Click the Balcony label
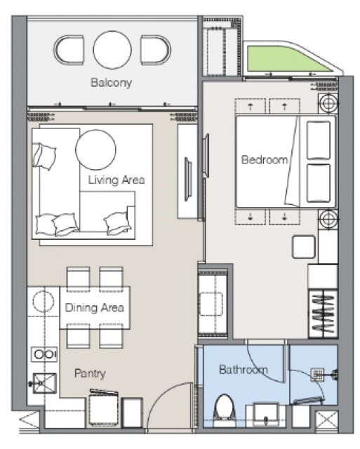point(111,83)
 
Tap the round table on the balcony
point(112,50)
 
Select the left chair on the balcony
point(69,50)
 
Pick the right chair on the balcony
point(156,50)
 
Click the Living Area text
point(116,180)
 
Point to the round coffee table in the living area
point(95,149)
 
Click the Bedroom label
point(265,159)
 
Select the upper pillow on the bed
point(319,140)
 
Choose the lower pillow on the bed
point(319,183)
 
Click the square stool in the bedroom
point(304,247)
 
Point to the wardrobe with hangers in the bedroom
point(323,314)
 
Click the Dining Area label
point(95,307)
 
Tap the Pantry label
point(90,373)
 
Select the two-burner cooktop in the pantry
point(44,354)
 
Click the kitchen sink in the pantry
point(44,383)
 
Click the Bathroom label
point(244,370)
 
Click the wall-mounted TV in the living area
point(187,179)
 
